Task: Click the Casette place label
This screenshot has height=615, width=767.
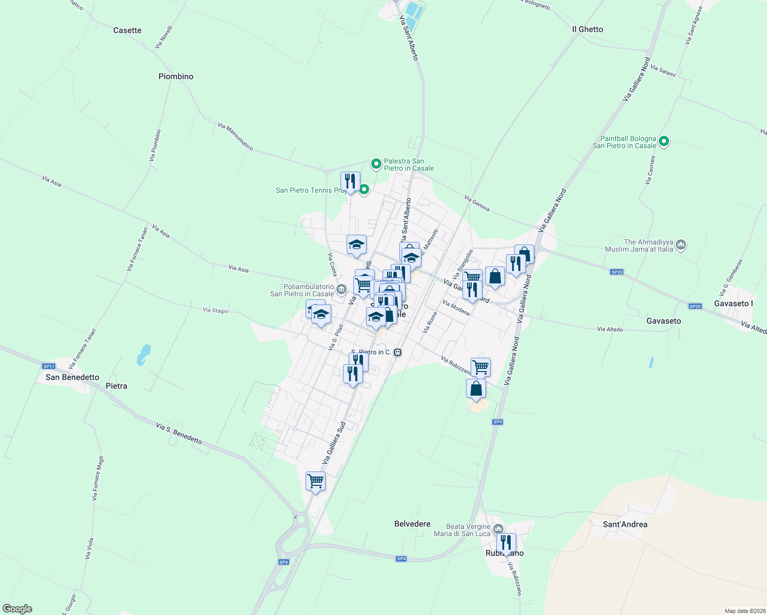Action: (x=127, y=30)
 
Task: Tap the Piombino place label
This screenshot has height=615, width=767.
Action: (x=176, y=76)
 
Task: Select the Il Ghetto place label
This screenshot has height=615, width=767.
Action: (x=588, y=29)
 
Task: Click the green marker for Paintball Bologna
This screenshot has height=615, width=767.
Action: (x=664, y=141)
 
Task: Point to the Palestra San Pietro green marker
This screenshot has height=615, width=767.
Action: (x=376, y=164)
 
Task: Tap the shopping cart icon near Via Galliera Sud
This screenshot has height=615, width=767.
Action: (x=315, y=481)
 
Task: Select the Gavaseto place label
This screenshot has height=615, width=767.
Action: (x=664, y=321)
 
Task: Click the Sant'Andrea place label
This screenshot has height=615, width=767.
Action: (x=625, y=524)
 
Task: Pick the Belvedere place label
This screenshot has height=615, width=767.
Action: (x=412, y=524)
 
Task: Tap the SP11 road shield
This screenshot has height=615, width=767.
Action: (x=49, y=366)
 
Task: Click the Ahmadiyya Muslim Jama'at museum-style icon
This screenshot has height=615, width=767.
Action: (x=681, y=245)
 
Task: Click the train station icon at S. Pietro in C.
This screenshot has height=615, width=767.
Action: (x=397, y=352)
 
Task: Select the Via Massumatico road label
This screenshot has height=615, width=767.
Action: (x=235, y=136)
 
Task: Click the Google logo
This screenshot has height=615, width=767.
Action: (x=17, y=609)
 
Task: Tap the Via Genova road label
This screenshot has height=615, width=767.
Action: (x=477, y=203)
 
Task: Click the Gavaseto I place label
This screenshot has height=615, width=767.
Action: (x=733, y=303)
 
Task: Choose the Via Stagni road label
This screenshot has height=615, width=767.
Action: (x=215, y=310)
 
